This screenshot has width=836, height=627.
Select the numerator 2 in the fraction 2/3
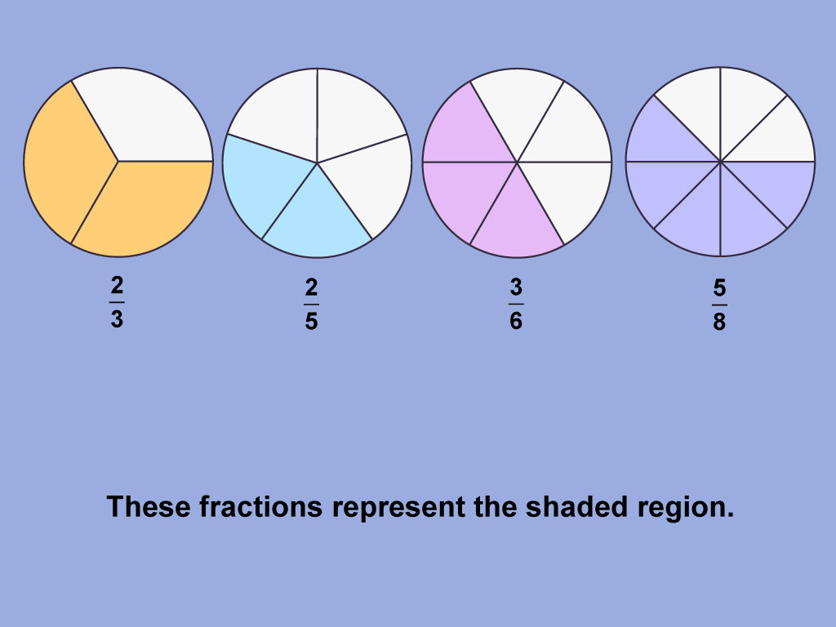(117, 287)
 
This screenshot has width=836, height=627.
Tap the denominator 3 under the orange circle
(117, 319)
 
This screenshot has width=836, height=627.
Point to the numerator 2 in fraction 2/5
(311, 288)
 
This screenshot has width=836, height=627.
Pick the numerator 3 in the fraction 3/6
(516, 288)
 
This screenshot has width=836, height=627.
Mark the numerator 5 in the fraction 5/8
(719, 288)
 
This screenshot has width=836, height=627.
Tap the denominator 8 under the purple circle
(719, 322)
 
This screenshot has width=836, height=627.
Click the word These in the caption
(149, 507)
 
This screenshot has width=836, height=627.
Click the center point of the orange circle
(118, 161)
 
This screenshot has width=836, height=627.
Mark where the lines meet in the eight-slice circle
(720, 162)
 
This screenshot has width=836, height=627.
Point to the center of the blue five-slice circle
(317, 162)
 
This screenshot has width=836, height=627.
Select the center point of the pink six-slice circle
(517, 162)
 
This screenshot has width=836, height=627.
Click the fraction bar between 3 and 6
(516, 305)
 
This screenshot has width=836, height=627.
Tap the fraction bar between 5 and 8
(719, 305)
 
